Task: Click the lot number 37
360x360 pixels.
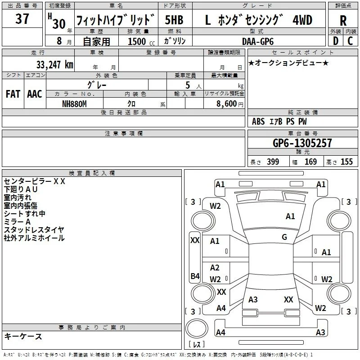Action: pos(22,18)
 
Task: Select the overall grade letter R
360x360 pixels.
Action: pos(343,20)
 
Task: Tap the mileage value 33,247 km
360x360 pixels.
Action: pos(54,65)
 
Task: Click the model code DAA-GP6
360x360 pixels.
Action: pos(258,41)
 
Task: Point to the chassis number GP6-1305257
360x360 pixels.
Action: pos(302,143)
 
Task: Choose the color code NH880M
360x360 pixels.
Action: pos(74,104)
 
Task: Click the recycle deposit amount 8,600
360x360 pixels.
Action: pos(226,103)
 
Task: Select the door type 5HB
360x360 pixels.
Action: pos(174,20)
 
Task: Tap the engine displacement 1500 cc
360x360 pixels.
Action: pos(141,41)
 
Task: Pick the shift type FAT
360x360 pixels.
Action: pos(13,94)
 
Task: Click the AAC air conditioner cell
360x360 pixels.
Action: pos(35,94)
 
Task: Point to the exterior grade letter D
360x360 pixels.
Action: pos(335,41)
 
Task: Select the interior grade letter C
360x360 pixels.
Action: pos(350,41)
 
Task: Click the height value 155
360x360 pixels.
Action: pos(346,162)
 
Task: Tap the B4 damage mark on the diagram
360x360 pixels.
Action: pos(195,276)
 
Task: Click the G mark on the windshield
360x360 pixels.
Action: pos(284,237)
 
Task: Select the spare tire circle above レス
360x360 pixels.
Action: pos(197,328)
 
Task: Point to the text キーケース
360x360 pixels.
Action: pos(23,336)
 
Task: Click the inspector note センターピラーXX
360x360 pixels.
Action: pos(35,181)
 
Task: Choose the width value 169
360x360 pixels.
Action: pos(310,162)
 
